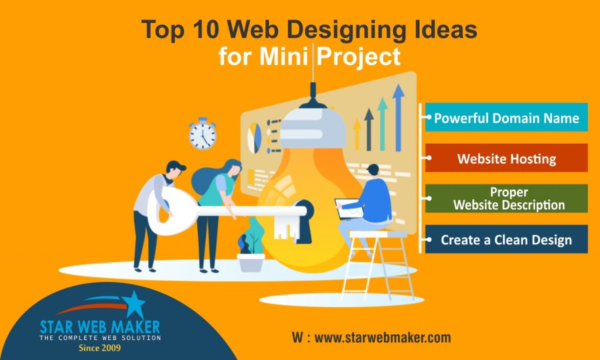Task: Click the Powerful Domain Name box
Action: (506, 118)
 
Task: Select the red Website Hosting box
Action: (506, 158)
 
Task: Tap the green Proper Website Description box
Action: (506, 199)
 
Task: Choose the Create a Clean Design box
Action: (506, 239)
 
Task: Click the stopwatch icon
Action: (203, 135)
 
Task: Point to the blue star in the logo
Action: (134, 304)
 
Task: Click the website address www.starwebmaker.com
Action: (383, 338)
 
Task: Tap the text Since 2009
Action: (101, 348)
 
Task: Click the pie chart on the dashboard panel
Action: (254, 136)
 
